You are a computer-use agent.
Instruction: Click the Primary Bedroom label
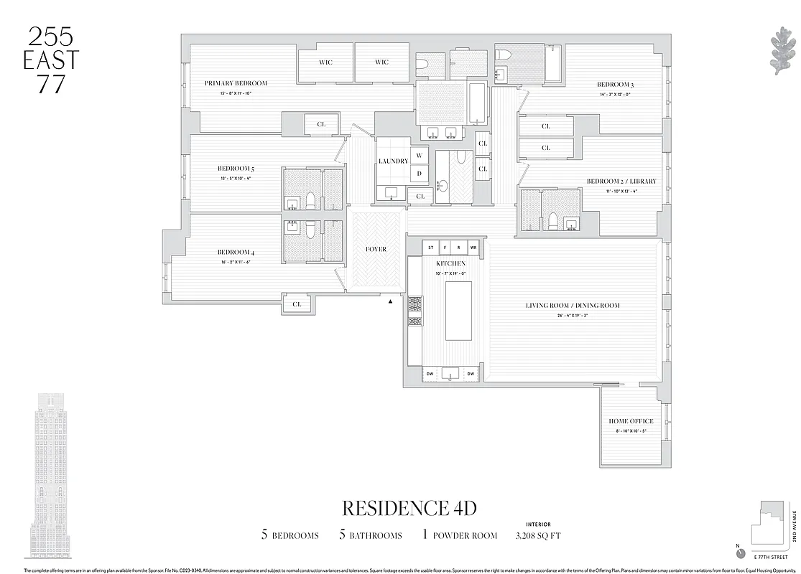(236, 83)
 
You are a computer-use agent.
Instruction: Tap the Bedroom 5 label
(236, 169)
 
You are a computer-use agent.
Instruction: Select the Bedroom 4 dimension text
(236, 263)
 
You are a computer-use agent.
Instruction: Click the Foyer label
(376, 250)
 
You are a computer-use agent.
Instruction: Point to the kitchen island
(458, 311)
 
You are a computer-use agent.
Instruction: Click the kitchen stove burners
(415, 311)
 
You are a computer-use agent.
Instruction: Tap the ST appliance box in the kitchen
(431, 248)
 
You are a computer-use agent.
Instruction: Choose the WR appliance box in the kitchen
(473, 248)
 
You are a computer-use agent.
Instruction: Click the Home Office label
(631, 421)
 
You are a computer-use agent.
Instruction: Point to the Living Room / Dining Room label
(573, 306)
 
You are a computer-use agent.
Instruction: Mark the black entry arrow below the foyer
(390, 301)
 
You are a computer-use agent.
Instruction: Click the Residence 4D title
(409, 508)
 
